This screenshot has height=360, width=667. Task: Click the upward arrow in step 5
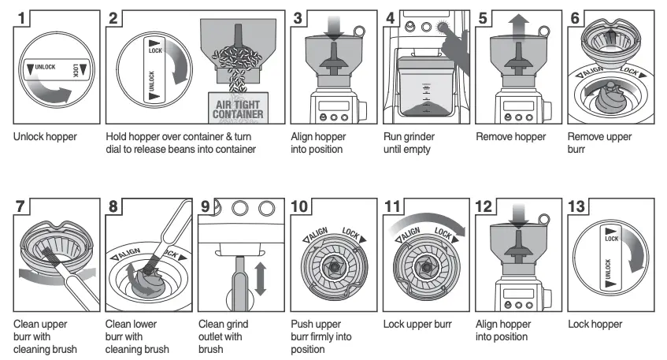click(518, 27)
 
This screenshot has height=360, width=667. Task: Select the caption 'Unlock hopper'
click(45, 136)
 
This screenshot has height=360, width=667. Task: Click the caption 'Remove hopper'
click(510, 136)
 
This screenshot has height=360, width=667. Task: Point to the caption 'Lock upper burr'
click(417, 323)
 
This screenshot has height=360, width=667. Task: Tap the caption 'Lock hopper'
click(595, 323)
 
